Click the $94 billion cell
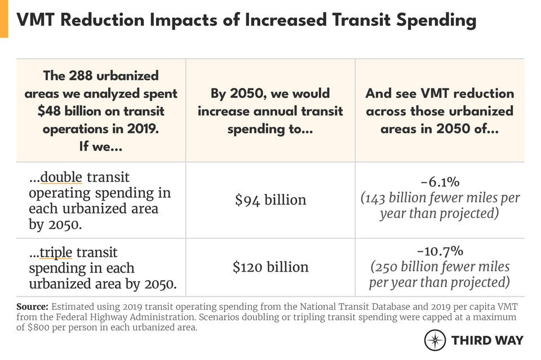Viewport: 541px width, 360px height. point(270,200)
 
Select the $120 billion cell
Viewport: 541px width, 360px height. point(270,267)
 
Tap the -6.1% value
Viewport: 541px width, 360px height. point(440,182)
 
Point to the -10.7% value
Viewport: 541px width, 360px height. point(440,251)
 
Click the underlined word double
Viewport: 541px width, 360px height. point(61,178)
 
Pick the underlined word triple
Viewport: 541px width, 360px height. point(55,253)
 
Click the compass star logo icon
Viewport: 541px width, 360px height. point(435,340)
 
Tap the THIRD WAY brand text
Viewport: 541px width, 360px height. point(487,340)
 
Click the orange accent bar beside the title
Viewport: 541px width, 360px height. point(4,19)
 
